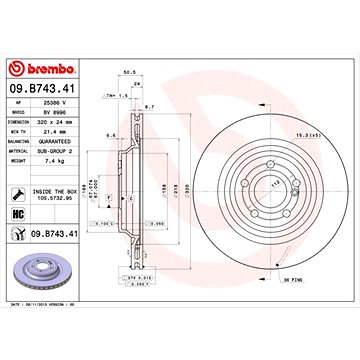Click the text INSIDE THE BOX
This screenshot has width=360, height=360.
[56, 189]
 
